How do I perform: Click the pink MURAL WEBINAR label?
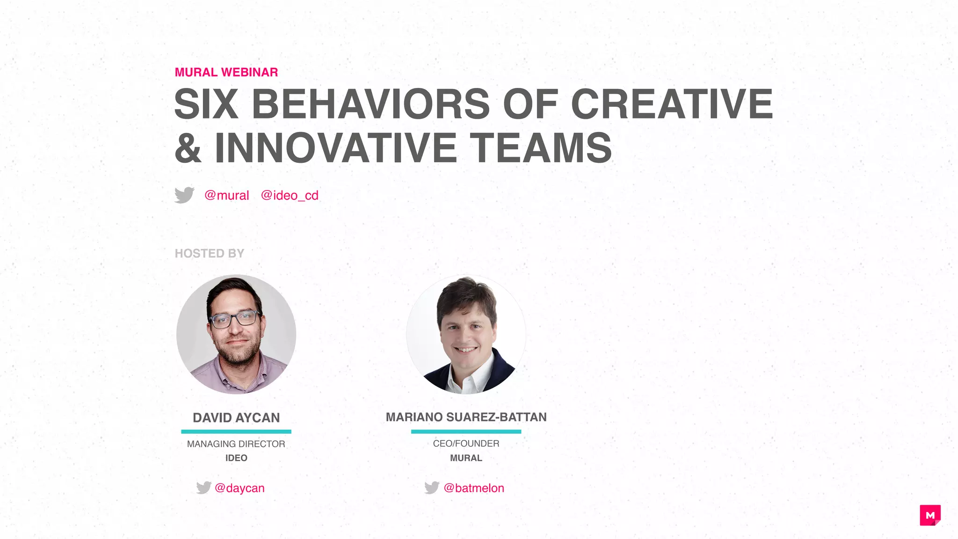tap(226, 72)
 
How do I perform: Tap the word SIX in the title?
tap(206, 104)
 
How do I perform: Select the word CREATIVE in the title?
tap(672, 104)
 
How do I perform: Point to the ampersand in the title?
tap(188, 148)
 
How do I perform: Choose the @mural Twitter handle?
tap(227, 195)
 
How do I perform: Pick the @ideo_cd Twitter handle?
tap(290, 195)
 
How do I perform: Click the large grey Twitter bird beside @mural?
tap(184, 195)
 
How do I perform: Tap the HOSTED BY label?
tap(209, 253)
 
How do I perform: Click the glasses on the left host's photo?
tap(235, 320)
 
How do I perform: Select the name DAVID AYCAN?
tap(236, 417)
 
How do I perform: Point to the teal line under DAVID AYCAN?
tap(236, 431)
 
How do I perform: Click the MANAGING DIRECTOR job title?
tap(236, 444)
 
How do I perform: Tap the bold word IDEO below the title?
tap(236, 458)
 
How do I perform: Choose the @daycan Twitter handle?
tap(239, 488)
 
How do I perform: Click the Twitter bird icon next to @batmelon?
tap(432, 488)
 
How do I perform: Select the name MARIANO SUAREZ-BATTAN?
tap(466, 417)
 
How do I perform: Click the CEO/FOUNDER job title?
tap(466, 443)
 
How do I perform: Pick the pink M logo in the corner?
tap(930, 515)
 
